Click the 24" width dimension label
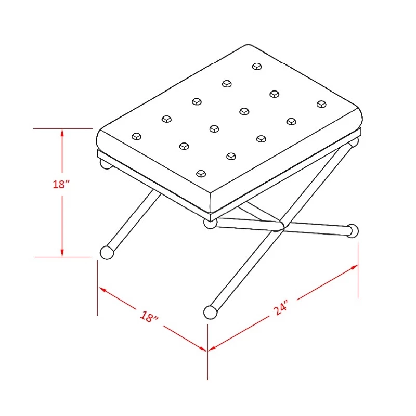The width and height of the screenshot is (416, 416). [x=280, y=308]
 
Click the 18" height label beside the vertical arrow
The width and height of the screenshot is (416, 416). [x=61, y=184]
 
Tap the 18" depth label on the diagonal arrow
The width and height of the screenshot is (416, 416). [x=149, y=316]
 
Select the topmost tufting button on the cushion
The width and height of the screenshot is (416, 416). [x=257, y=66]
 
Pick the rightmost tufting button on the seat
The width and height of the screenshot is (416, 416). [x=321, y=103]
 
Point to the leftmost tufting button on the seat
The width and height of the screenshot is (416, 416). [x=136, y=137]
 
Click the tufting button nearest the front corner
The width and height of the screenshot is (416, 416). [x=201, y=174]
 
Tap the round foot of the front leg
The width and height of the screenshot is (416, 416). [x=211, y=313]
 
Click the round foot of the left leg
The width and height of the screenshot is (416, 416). [x=107, y=253]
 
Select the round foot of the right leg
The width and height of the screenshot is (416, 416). [x=353, y=231]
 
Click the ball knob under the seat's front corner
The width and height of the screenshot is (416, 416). [x=210, y=224]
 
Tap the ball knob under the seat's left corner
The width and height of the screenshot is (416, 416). [x=106, y=164]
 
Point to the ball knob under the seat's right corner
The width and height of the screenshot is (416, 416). [x=354, y=142]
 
